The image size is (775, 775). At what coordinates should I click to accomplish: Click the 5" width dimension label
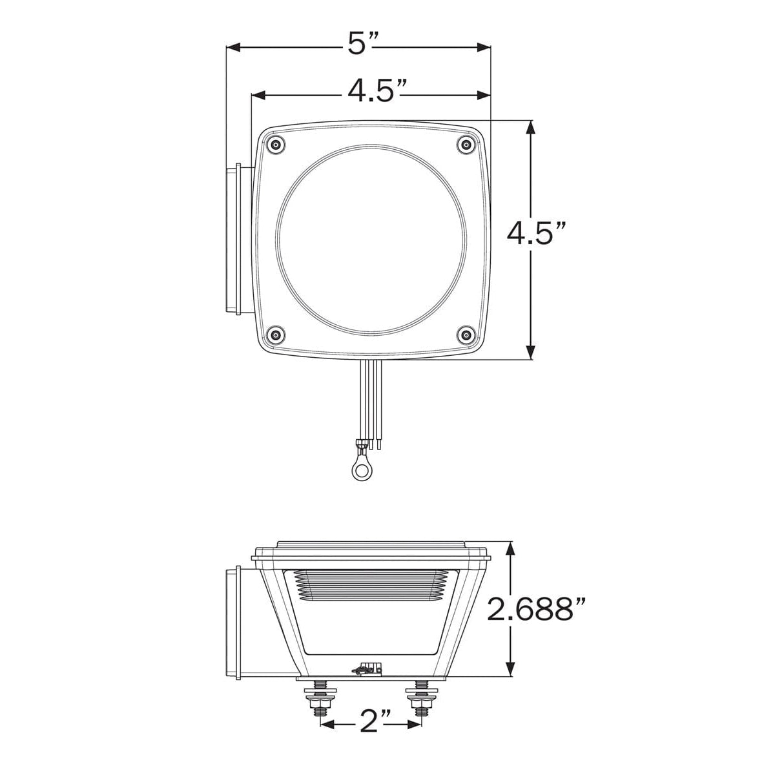362,44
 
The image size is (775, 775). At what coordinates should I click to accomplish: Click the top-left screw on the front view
276,145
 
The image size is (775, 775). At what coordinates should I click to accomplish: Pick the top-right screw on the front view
464,145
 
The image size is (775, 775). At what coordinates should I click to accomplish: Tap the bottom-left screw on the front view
276,334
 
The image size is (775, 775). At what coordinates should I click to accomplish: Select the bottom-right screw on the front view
464,334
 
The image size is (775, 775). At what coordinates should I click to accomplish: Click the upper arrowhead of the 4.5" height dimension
531,128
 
